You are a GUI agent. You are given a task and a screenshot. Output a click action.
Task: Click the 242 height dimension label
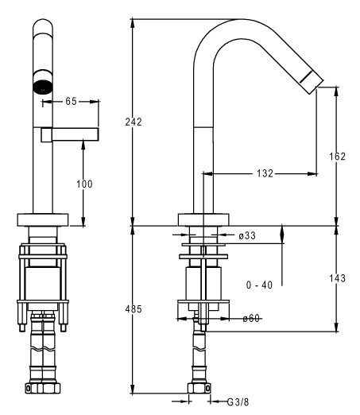(x=134, y=122)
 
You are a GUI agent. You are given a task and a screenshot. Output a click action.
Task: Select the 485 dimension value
(x=134, y=309)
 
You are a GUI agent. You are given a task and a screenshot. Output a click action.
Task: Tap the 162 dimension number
(x=338, y=157)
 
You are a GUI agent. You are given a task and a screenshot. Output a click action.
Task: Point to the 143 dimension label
(x=338, y=278)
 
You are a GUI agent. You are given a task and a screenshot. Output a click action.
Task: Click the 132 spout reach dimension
(x=265, y=173)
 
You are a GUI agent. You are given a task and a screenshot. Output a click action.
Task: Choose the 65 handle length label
(x=71, y=101)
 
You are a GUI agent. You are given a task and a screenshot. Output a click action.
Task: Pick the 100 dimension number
(x=84, y=184)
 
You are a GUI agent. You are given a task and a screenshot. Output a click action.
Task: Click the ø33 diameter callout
(x=247, y=235)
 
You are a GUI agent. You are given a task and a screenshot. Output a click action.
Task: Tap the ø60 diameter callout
(x=251, y=318)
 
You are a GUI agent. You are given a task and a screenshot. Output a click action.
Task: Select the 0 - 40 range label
(x=259, y=285)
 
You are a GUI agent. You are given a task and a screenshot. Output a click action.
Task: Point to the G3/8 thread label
(x=238, y=402)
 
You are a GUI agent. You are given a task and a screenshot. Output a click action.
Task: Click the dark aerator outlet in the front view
(x=43, y=87)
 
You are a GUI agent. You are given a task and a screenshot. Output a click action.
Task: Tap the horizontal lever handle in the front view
(x=70, y=134)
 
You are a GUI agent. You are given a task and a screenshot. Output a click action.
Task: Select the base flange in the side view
(x=203, y=219)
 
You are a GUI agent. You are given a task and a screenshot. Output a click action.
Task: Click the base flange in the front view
(x=43, y=219)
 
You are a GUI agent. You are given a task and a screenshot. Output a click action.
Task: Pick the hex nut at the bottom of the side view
(x=199, y=389)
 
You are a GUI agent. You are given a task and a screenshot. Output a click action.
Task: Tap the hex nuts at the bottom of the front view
(x=43, y=389)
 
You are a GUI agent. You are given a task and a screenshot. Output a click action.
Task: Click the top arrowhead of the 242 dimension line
(x=133, y=23)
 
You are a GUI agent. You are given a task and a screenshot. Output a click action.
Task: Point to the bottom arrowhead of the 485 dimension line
(x=133, y=390)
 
